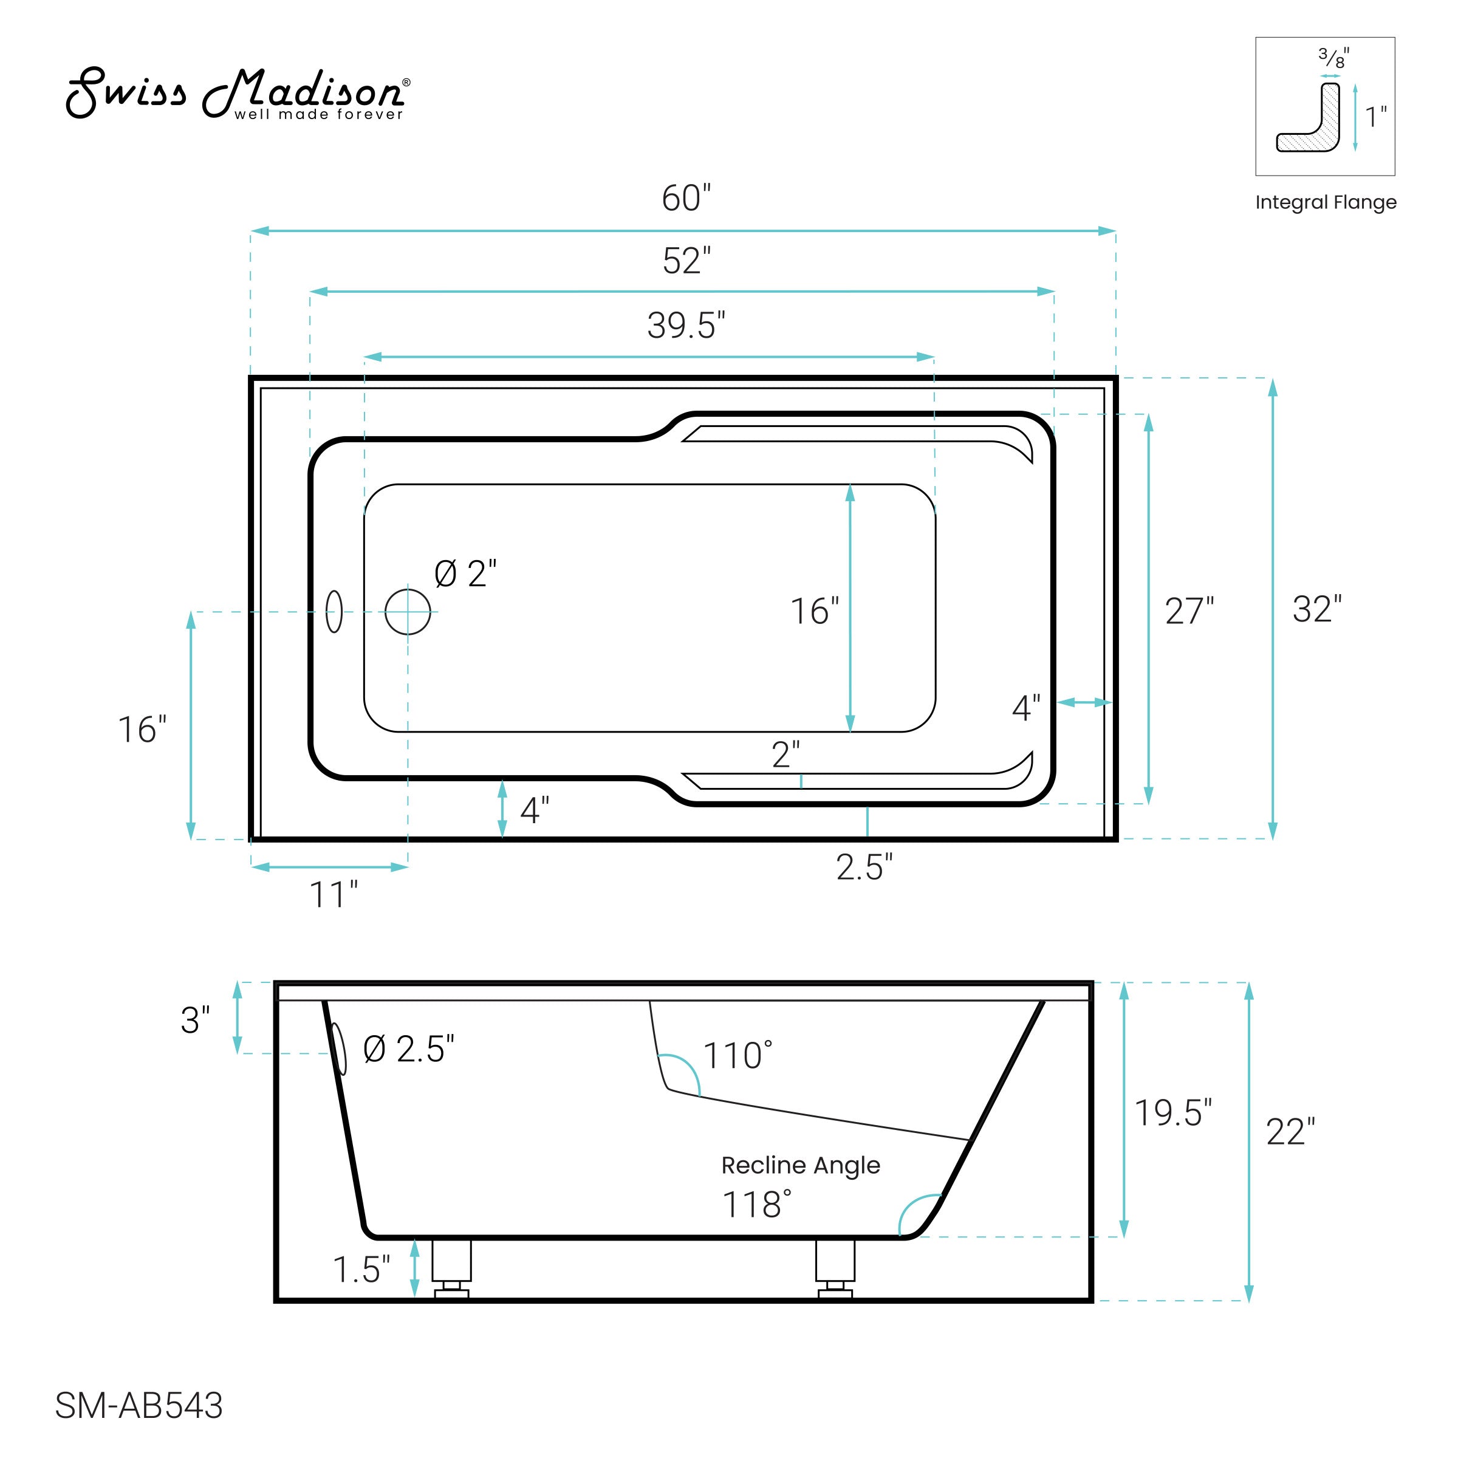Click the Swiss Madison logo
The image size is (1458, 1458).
[238, 94]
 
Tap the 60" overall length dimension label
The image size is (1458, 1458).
[686, 199]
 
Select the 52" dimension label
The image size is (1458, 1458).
[686, 261]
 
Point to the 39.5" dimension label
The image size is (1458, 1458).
[686, 325]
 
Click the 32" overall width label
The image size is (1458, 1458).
[1317, 609]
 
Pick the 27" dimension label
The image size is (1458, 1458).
[1189, 611]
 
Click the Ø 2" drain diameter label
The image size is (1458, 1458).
[465, 574]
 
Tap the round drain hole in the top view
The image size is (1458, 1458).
[408, 612]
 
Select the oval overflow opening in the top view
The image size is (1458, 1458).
[334, 611]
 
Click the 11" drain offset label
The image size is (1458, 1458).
[334, 895]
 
